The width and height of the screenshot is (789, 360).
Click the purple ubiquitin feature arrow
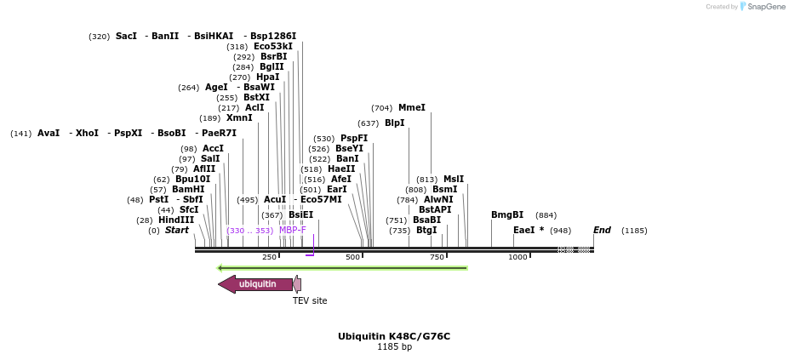(255, 284)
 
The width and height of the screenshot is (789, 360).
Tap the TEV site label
(310, 300)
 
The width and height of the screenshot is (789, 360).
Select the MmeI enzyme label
(411, 108)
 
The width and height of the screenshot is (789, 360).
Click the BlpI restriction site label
(394, 123)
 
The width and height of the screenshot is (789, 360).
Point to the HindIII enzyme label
(176, 220)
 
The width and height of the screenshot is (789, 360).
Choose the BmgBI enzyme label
(507, 215)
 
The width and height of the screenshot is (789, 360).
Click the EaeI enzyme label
(523, 231)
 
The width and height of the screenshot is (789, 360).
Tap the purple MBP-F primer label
(293, 230)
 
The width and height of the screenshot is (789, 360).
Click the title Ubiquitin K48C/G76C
(394, 336)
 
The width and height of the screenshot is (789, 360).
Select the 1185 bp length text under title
(394, 347)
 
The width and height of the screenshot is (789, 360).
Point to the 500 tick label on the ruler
(352, 257)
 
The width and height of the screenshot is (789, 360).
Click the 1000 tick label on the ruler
(517, 257)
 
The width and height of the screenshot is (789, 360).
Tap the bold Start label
(176, 231)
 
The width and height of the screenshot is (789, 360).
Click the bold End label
(602, 231)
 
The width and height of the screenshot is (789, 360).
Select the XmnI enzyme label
(239, 118)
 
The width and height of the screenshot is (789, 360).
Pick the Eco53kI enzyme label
(273, 47)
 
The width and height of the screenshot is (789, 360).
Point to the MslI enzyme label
(454, 180)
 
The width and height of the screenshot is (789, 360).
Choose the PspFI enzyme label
(354, 139)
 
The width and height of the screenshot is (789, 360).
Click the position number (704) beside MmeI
(382, 108)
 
